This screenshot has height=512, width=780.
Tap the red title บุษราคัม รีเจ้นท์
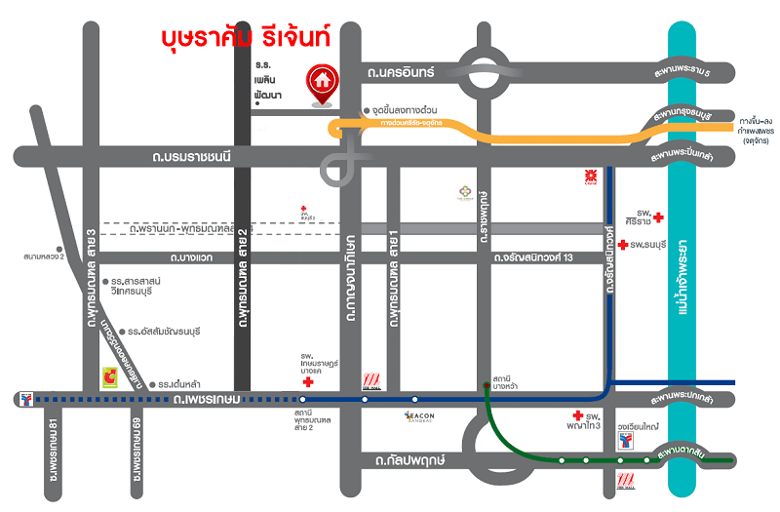(x=246, y=38)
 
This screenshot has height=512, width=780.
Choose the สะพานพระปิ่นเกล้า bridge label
(x=696, y=156)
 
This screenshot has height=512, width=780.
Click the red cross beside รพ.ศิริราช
(x=659, y=217)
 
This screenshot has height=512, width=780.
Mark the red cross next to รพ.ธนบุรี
(x=622, y=244)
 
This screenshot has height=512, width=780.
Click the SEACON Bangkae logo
(x=425, y=416)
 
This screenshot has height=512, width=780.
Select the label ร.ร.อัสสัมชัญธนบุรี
(x=162, y=332)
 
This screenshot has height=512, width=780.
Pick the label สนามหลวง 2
(x=44, y=257)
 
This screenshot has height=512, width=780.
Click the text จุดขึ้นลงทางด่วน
(x=407, y=110)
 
